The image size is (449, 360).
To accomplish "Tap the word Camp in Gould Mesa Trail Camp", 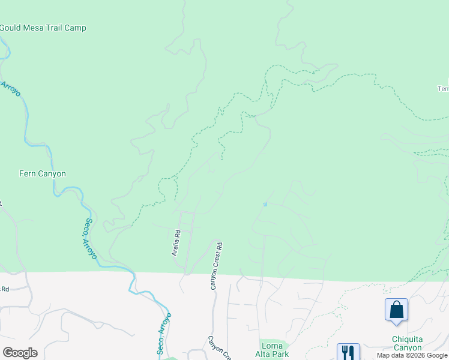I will coord(76,28).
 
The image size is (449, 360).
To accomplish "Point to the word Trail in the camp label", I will coord(55,28).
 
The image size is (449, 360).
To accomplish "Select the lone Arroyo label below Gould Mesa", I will coord(10,91).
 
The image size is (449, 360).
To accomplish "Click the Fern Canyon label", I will coord(43,174).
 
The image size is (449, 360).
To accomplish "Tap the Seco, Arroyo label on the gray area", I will coord(164,334).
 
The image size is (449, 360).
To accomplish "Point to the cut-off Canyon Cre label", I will coord(218,347).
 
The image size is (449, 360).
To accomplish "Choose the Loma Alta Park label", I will coord(275,350).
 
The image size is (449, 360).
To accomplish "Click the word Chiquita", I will coord(408,340).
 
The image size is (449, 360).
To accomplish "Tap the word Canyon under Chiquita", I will coord(408,348).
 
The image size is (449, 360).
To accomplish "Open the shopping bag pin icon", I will coord(396,310).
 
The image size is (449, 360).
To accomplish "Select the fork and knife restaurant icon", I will coord(348,352).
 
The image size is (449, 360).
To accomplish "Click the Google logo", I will coord(20,353).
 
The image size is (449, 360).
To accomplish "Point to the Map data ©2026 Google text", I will coord(412,355).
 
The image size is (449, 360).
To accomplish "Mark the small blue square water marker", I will coord(265,204).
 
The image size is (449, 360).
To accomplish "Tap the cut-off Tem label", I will coord(443,89).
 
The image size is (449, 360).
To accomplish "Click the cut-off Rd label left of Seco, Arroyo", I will coord(5,289).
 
